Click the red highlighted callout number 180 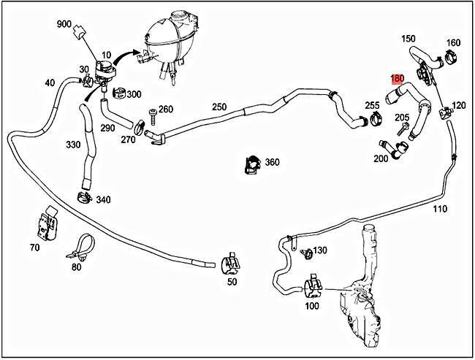pos(398,78)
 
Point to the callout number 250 pos(219,107)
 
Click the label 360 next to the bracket pos(272,161)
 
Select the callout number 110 pos(439,209)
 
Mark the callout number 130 pos(320,250)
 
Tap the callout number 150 pos(408,38)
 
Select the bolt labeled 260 pos(152,114)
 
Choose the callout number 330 pos(73,145)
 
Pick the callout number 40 pos(50,83)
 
